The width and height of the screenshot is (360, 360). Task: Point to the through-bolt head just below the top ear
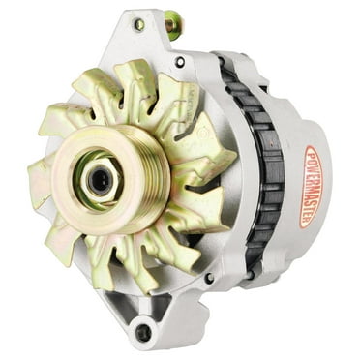click(180, 63)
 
